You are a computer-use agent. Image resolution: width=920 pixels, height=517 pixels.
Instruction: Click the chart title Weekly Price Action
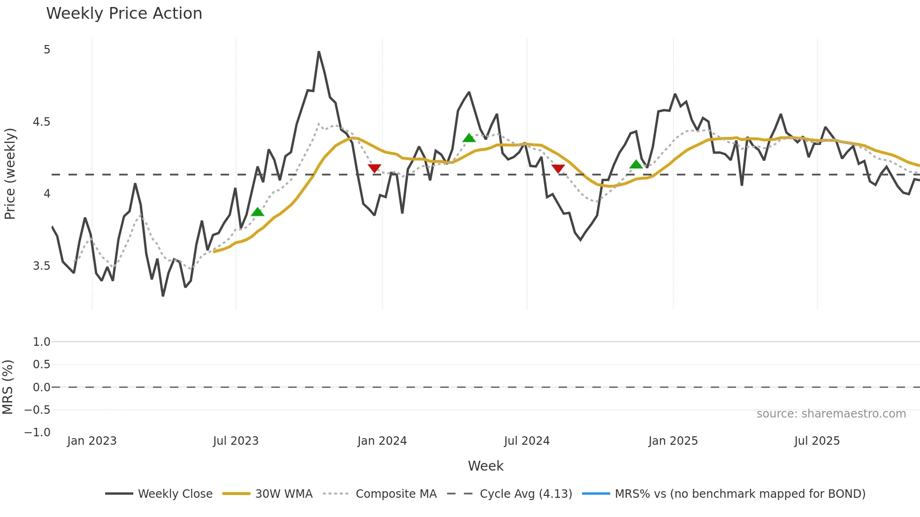[x=124, y=14]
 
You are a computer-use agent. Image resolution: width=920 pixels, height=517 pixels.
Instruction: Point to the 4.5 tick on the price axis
[x=41, y=122]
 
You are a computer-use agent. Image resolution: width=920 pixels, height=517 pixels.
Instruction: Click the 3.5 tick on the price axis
[x=41, y=266]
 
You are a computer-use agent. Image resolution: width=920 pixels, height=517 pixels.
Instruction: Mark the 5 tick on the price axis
[x=47, y=50]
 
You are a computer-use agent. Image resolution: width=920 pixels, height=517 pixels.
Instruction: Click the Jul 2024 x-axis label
[x=527, y=441]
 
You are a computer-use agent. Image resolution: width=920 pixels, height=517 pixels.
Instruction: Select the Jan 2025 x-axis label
[x=673, y=441]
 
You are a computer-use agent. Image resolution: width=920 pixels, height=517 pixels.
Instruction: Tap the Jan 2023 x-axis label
[x=92, y=441]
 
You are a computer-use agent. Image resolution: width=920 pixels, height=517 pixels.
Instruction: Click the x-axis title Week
[x=485, y=466]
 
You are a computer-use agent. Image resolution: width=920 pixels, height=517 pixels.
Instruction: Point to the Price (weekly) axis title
[x=10, y=174]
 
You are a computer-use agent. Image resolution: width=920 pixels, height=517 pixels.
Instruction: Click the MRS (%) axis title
[x=8, y=387]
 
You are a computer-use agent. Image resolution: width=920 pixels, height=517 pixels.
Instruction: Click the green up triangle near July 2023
[x=257, y=212]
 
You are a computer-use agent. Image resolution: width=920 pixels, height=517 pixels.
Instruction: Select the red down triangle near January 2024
[x=374, y=168]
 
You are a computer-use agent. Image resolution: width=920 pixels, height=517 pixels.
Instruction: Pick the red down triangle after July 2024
[x=558, y=168]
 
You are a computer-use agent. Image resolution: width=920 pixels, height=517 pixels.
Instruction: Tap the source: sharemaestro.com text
[x=831, y=414]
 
